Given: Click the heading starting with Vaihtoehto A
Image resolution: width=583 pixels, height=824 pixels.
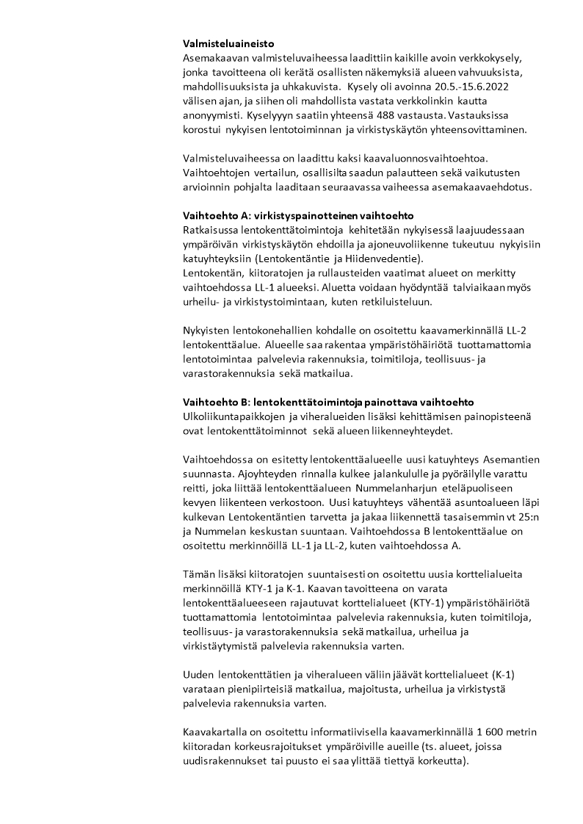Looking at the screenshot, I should (x=299, y=216).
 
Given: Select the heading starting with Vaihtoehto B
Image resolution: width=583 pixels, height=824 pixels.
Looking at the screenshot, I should (x=328, y=402).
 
